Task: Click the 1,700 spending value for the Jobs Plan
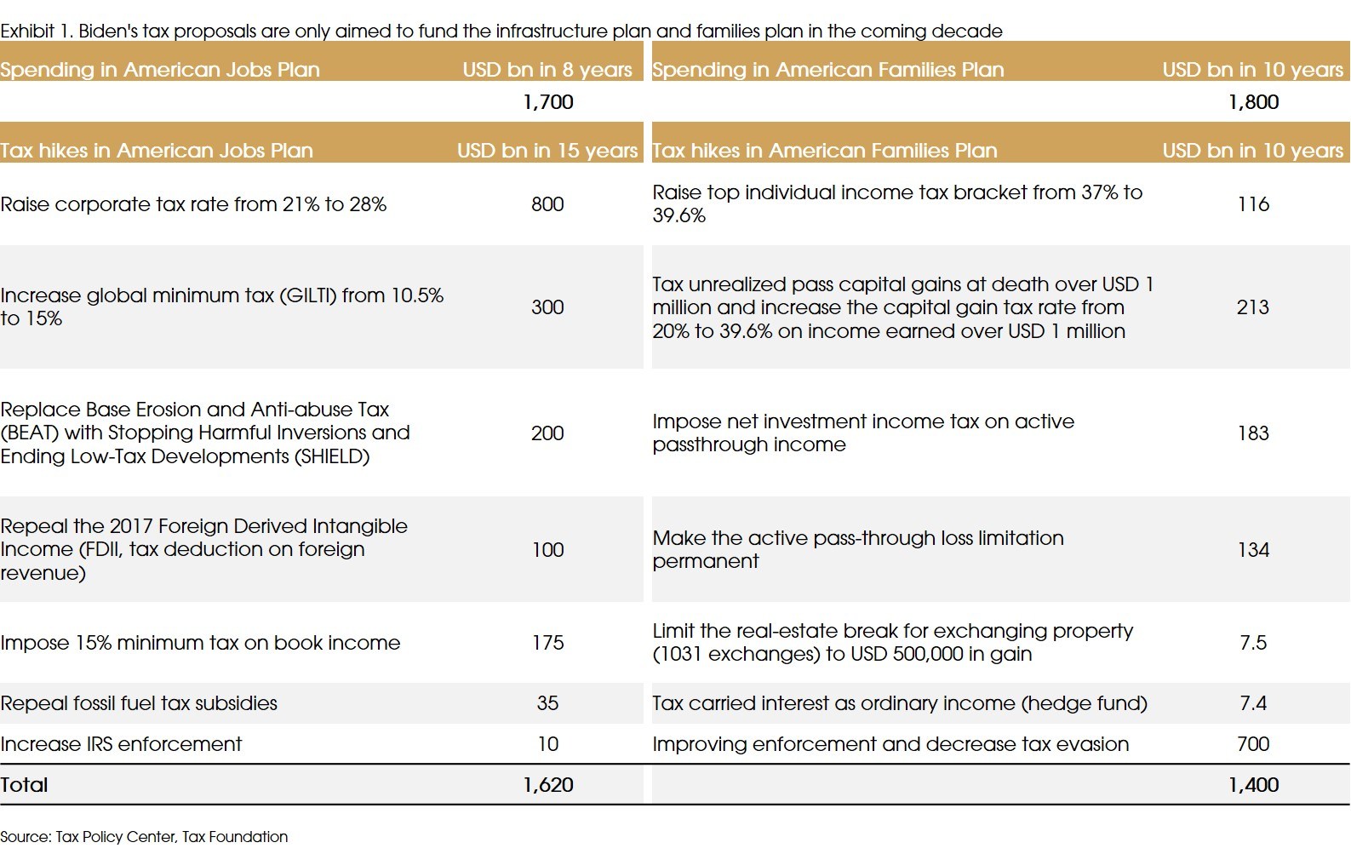pyautogui.click(x=547, y=102)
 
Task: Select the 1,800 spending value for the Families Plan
pyautogui.click(x=1253, y=102)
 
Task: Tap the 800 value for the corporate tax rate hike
pyautogui.click(x=547, y=204)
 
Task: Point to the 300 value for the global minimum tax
pyautogui.click(x=547, y=307)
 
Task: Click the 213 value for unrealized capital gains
pyautogui.click(x=1252, y=307)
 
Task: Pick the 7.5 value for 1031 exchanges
pyautogui.click(x=1253, y=643)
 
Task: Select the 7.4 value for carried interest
pyautogui.click(x=1253, y=703)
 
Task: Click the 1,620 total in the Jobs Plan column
pyautogui.click(x=547, y=785)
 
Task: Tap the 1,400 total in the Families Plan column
pyautogui.click(x=1253, y=785)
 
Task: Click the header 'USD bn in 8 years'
pyautogui.click(x=547, y=70)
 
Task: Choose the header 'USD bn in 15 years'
pyautogui.click(x=547, y=151)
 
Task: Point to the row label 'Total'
pyautogui.click(x=24, y=785)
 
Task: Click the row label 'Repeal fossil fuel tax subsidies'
pyautogui.click(x=139, y=703)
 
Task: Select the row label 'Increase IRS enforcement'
pyautogui.click(x=121, y=744)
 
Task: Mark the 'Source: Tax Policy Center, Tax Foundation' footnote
pyautogui.click(x=144, y=837)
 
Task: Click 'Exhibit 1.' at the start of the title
pyautogui.click(x=37, y=32)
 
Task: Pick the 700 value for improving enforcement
pyautogui.click(x=1253, y=744)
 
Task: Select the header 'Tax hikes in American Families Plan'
pyautogui.click(x=824, y=151)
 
